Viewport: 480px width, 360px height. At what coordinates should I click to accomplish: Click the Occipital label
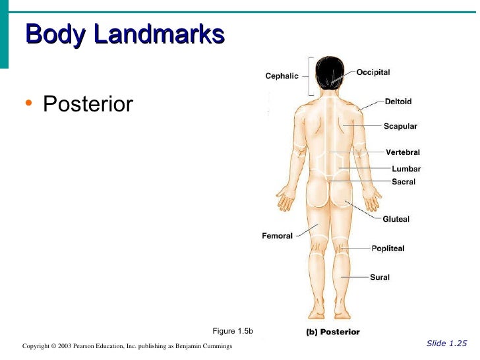[373, 73]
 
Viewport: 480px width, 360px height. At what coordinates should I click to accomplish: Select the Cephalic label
[282, 76]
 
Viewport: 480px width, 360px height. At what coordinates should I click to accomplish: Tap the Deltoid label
[398, 102]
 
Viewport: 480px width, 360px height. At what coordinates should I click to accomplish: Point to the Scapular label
[400, 126]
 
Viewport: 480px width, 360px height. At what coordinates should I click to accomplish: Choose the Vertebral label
[402, 152]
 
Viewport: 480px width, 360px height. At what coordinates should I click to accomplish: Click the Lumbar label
[405, 169]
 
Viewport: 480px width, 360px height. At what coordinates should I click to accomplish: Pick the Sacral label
[404, 181]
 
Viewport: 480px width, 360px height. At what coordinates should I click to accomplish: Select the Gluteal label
[396, 219]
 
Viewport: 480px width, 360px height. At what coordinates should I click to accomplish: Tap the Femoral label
[277, 235]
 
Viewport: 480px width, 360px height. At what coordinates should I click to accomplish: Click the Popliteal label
[388, 249]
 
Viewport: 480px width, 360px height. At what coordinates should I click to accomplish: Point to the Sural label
[379, 278]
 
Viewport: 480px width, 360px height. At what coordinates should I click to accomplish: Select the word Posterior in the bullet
[88, 104]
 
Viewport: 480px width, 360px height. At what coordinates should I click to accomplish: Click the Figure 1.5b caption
[233, 331]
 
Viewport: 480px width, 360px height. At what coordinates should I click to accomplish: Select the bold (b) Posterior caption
[333, 332]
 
